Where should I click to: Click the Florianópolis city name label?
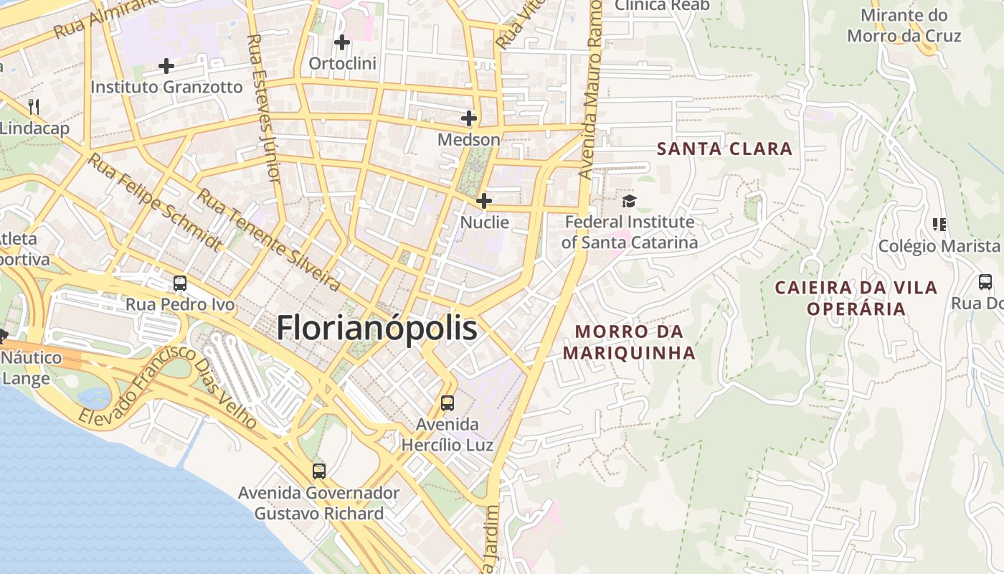tap(376, 328)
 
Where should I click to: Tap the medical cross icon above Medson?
tap(469, 118)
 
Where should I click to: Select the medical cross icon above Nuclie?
tap(484, 201)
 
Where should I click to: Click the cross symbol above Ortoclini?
tap(342, 42)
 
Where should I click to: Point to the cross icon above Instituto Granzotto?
tap(166, 66)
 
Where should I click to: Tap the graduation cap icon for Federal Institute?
tap(629, 201)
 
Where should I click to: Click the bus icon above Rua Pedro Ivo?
tap(180, 283)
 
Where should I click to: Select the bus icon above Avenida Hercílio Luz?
tap(447, 403)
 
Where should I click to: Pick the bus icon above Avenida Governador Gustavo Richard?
tap(319, 471)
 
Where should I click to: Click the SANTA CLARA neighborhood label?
tap(725, 149)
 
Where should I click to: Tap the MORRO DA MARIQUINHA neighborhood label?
tap(629, 342)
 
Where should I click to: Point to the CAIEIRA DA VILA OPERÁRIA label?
tap(856, 298)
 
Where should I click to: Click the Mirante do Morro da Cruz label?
tap(904, 26)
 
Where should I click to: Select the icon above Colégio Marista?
tap(939, 225)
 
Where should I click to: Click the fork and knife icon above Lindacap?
tap(34, 108)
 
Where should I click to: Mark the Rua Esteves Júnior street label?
tap(262, 108)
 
